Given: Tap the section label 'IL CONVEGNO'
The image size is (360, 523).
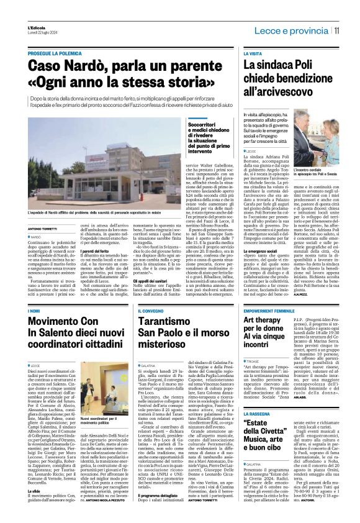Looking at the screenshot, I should click(x=146, y=327).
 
